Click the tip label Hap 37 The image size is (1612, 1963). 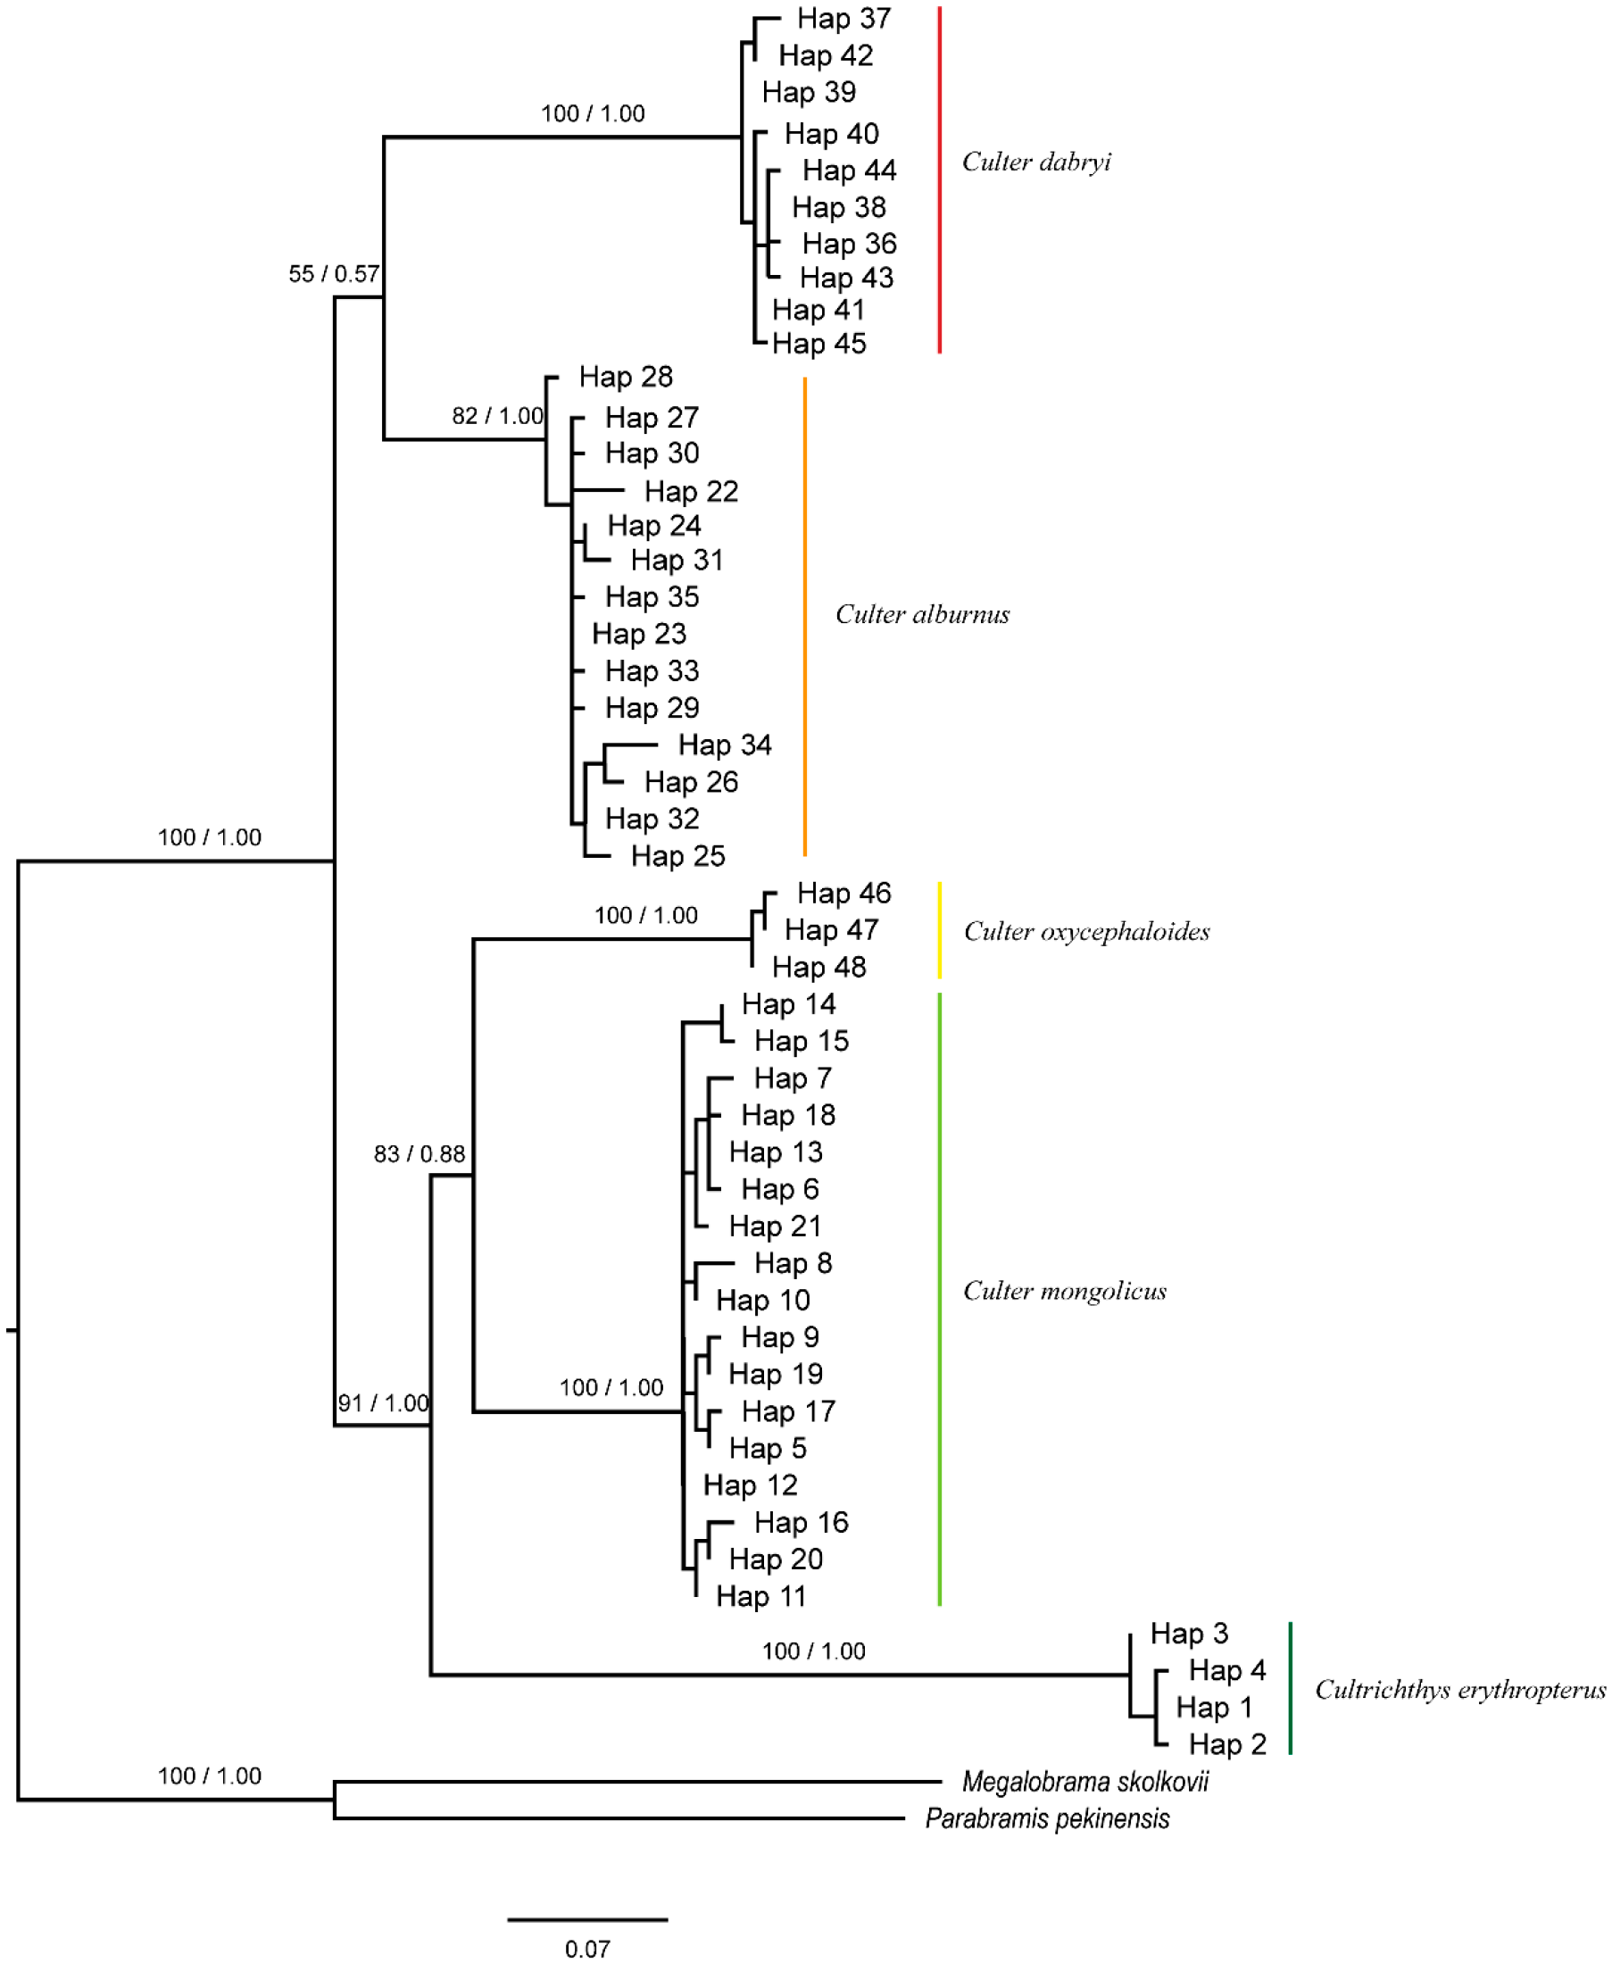click(x=843, y=19)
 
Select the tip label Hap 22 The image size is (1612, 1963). click(x=691, y=491)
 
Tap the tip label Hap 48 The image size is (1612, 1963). click(x=818, y=967)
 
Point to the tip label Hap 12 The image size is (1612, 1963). click(x=750, y=1485)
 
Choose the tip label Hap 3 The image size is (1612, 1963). click(x=1189, y=1634)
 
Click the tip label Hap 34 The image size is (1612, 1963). click(x=724, y=744)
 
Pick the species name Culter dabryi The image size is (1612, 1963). click(x=1035, y=162)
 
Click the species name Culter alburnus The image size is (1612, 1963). click(x=922, y=614)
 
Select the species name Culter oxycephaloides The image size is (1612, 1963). click(x=1086, y=931)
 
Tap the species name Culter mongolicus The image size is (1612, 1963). click(x=1064, y=1291)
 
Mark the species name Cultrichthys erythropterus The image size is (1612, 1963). click(x=1458, y=1689)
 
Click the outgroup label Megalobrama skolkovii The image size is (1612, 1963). click(x=1084, y=1781)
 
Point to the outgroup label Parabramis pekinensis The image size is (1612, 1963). click(x=1046, y=1818)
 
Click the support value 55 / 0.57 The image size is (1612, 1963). click(x=333, y=274)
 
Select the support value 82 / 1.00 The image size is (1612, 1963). click(x=498, y=416)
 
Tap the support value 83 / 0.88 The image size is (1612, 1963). click(x=419, y=1154)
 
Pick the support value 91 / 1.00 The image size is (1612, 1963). click(x=383, y=1403)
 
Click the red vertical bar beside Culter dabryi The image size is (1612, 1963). click(x=940, y=179)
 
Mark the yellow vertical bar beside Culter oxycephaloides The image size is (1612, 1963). click(x=940, y=929)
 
